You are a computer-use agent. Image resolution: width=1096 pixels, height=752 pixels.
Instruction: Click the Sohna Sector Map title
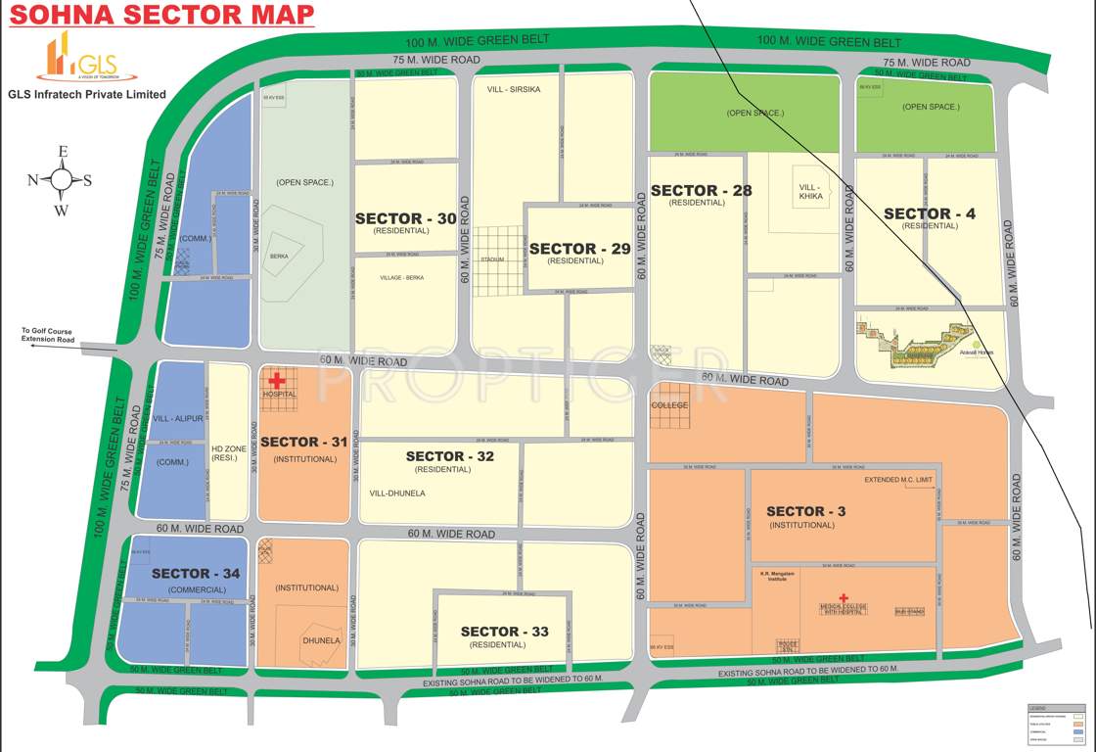(x=161, y=15)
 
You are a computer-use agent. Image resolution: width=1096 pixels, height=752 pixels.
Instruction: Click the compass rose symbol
(x=62, y=180)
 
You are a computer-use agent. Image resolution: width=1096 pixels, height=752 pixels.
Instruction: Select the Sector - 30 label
(x=405, y=218)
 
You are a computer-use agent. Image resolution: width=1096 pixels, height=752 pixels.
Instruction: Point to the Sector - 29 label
(x=579, y=249)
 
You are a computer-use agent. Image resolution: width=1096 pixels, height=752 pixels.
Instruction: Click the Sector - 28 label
(x=701, y=190)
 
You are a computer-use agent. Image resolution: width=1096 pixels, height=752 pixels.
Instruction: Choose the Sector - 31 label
(x=304, y=442)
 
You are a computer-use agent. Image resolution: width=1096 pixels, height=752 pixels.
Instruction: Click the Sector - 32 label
(x=450, y=456)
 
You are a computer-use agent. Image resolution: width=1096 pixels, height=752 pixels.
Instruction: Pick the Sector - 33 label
(x=505, y=632)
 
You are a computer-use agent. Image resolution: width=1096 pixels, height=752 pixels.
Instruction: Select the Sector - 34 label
(x=196, y=573)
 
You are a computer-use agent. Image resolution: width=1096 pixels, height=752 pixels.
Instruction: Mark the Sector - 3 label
(x=805, y=511)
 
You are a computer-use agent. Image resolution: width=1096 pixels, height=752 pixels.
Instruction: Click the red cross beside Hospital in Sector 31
(x=277, y=379)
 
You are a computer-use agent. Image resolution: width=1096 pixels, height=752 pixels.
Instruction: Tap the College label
(x=670, y=405)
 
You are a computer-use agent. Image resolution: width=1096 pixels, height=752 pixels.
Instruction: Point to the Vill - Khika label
(x=811, y=192)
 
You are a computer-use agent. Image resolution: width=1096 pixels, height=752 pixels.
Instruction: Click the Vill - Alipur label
(x=178, y=418)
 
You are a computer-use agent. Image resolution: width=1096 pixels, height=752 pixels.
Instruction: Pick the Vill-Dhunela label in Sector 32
(x=397, y=493)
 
